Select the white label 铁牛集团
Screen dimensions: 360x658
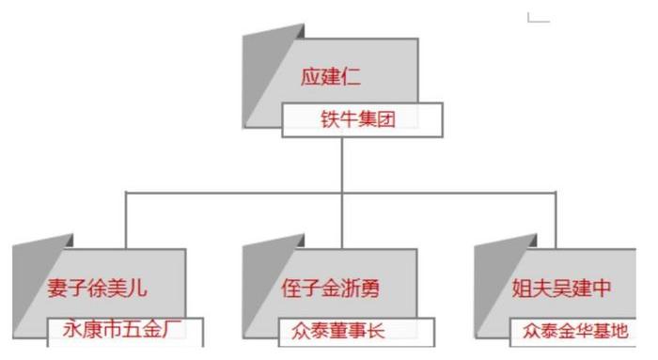(349, 120)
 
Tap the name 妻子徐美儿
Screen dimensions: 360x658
(98, 288)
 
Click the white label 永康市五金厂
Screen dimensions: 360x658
(124, 331)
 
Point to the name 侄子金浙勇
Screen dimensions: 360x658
(330, 288)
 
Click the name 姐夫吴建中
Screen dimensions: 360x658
(561, 288)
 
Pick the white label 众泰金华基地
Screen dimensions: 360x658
(574, 331)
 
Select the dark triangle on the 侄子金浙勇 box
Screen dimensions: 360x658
(258, 282)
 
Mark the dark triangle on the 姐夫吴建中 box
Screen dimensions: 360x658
(490, 282)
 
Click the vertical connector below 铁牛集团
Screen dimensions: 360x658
(341, 164)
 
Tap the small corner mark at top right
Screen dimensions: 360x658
(537, 18)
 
